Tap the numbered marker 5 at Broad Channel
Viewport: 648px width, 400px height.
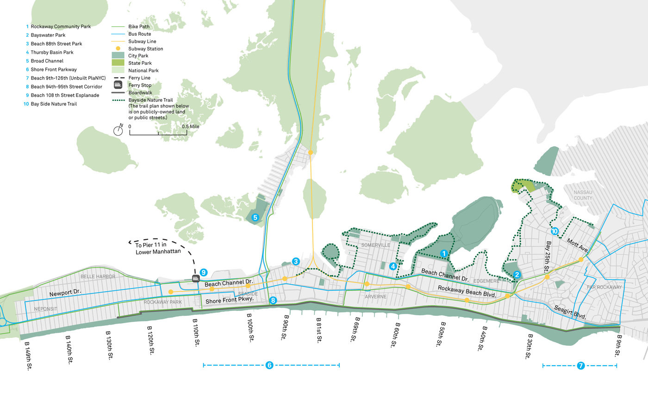click(255, 217)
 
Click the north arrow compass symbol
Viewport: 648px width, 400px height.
click(118, 131)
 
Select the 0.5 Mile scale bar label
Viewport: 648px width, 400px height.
click(190, 126)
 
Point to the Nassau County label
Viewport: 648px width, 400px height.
click(582, 195)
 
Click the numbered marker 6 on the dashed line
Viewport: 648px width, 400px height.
click(269, 366)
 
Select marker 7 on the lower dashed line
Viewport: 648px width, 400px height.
click(580, 366)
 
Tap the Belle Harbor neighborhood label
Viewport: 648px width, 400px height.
click(94, 276)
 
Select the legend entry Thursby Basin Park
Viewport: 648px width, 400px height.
click(51, 52)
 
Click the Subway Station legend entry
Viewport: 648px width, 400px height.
click(145, 49)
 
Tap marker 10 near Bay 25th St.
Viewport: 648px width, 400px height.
click(555, 231)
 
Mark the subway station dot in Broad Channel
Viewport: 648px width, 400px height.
click(311, 152)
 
